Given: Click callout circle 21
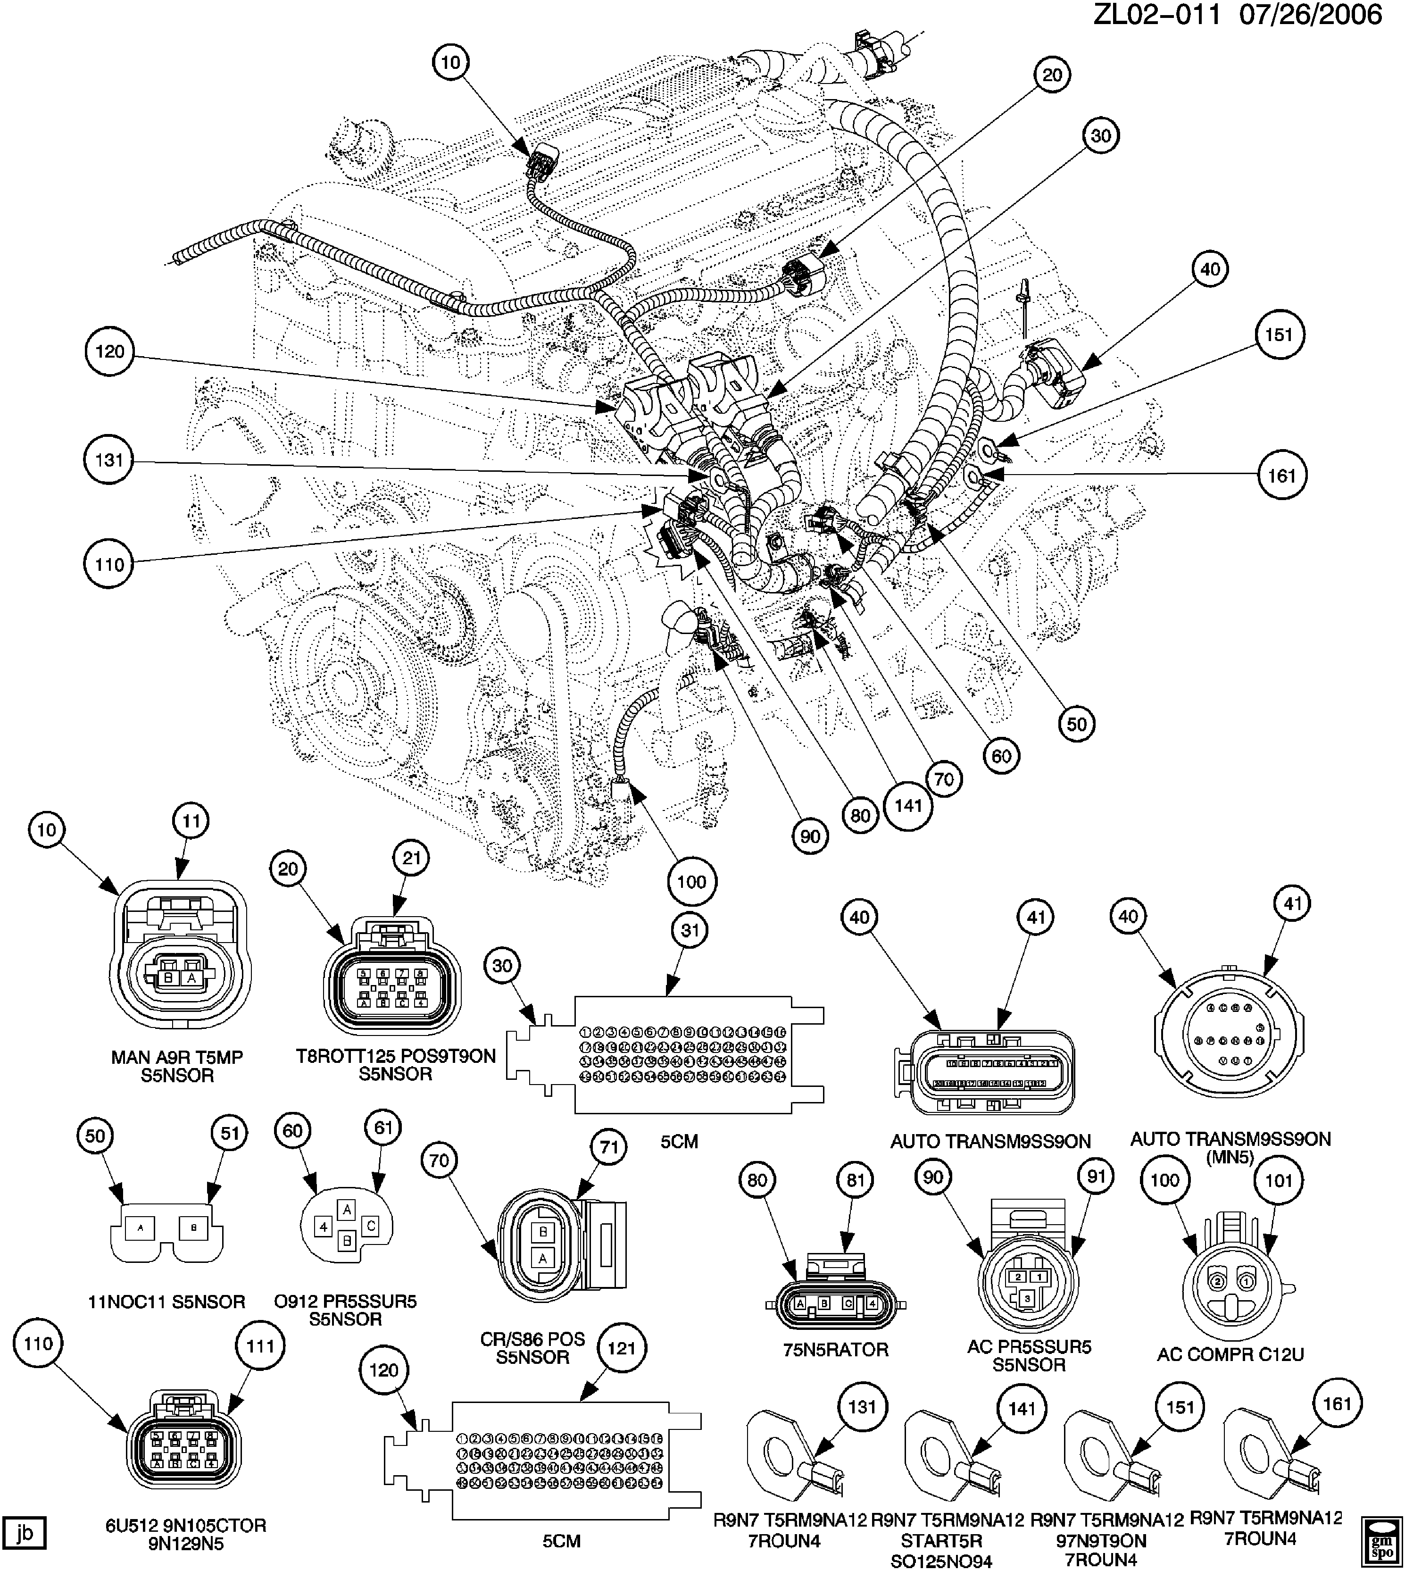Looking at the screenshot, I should tap(411, 858).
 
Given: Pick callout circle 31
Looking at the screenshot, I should tap(690, 930).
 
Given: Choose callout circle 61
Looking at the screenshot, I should tap(383, 1127).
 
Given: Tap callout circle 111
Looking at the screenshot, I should tap(260, 1346).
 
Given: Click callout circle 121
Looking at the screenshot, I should tap(622, 1348).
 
